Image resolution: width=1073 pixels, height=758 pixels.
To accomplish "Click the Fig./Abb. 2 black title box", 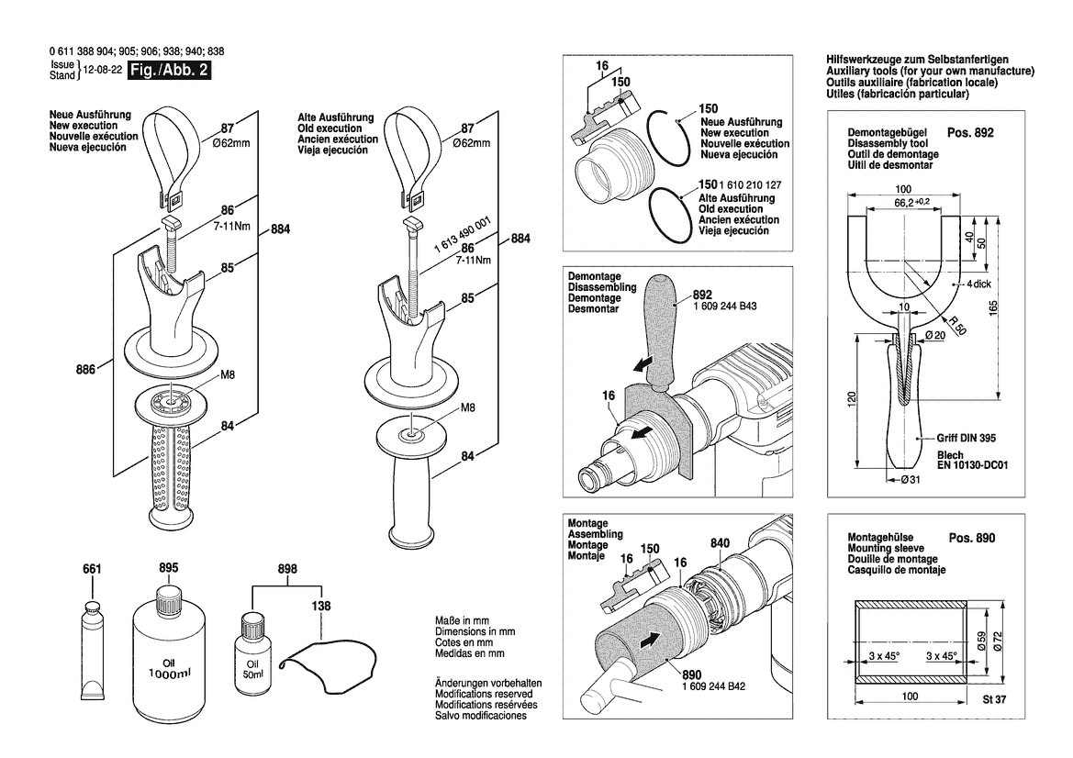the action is pos(169,70).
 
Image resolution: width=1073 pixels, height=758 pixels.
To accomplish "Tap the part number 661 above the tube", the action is pos(92,569).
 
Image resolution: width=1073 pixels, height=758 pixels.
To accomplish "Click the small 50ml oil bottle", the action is pos(252,653).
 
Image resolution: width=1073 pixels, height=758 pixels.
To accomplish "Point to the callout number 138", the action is pos(320,606).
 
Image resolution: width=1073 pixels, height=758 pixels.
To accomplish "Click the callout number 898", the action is pos(287,569).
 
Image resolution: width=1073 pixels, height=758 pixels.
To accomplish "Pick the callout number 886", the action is pos(85,370).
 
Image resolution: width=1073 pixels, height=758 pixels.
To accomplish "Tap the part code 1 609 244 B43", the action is pos(725,306).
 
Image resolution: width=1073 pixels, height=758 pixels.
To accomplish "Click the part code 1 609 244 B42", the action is pos(714,686).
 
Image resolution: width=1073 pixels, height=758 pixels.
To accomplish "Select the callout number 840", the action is pos(720,543).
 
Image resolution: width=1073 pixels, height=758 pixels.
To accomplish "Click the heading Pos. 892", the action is pos(969,133).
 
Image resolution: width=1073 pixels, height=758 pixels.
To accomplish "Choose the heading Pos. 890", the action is pos(972,538).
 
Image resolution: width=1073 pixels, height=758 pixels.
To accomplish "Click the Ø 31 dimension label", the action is pos(911,480).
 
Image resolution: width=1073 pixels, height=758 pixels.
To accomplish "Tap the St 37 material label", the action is pos(994,700).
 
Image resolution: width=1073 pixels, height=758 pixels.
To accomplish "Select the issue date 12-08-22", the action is pos(103,70).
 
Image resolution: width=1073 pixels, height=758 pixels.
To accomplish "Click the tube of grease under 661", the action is pos(92,646).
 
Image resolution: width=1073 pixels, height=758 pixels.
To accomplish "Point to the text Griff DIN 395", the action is pos(967,438).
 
